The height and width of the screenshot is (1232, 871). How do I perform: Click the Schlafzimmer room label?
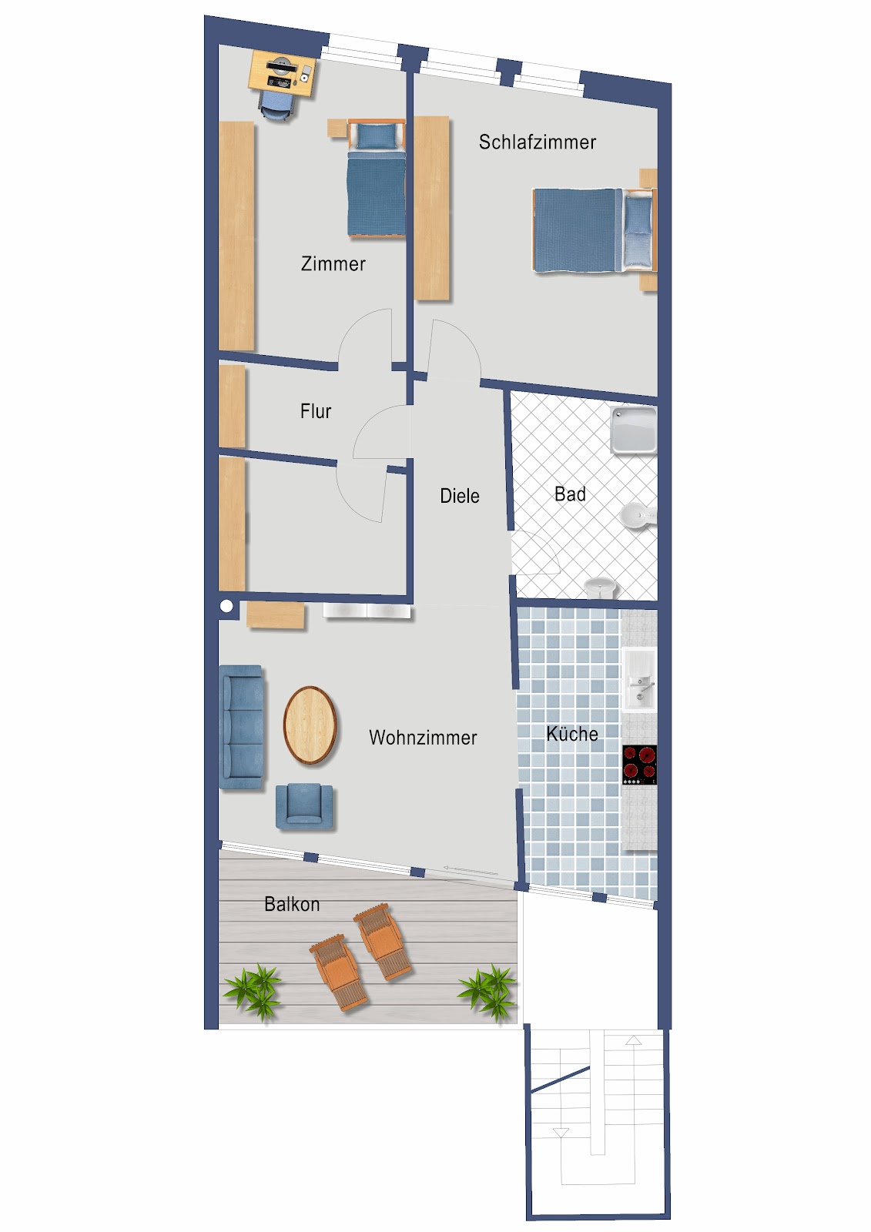coord(537,142)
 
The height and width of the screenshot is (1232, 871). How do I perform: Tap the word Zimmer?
coord(333,264)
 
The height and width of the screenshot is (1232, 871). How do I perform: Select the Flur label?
coord(315,411)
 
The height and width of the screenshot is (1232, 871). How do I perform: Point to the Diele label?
coord(459,496)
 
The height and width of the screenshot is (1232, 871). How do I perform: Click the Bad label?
coord(570,494)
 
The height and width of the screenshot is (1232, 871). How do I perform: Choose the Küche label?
coord(571,734)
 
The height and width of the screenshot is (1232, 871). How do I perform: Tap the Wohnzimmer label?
coord(423,738)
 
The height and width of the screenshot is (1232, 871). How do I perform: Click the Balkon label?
coord(291,904)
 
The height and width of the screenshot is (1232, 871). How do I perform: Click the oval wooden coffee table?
coord(310,725)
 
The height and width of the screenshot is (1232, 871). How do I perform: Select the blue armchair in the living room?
coord(305,805)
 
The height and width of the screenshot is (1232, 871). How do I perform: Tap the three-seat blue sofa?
coord(242,727)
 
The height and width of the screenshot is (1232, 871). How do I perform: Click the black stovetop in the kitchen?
coord(639,765)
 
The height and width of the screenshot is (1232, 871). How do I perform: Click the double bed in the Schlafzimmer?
coord(593,230)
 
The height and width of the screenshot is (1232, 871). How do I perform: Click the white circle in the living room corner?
coord(226,607)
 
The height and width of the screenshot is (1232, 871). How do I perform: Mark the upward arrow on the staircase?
coord(633,1041)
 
